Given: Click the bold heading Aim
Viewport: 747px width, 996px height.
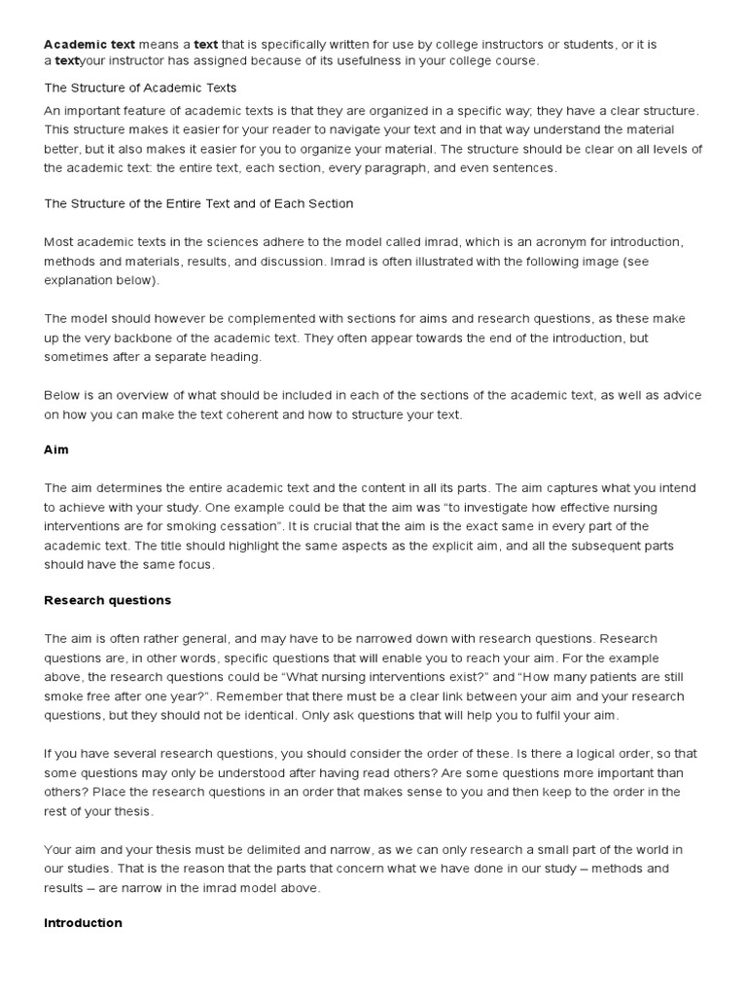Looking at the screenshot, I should (x=56, y=449).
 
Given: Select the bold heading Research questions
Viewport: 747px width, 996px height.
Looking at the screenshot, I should (x=107, y=600).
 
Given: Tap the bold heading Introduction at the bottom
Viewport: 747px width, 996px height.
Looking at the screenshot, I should (x=83, y=922).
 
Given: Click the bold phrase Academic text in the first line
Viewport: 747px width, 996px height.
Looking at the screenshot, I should (x=89, y=44).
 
